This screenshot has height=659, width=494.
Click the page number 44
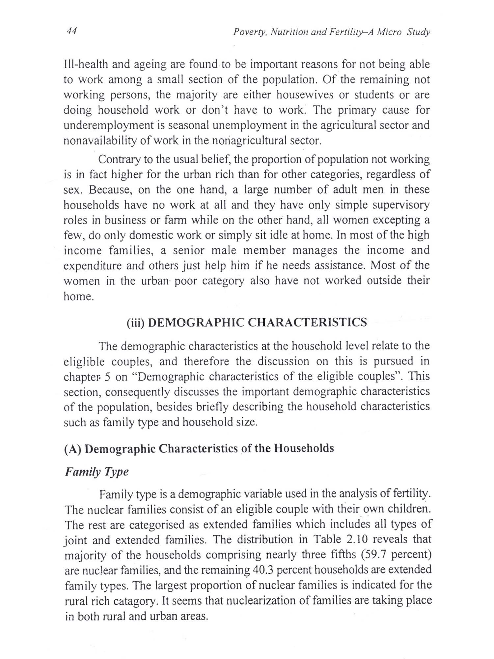pos(71,31)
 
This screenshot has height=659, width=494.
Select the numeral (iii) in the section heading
pos(135,322)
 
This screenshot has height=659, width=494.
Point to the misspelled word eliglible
pos(84,362)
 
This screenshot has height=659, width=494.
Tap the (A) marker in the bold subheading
pos(72,449)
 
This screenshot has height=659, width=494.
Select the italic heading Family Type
pos(96,472)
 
